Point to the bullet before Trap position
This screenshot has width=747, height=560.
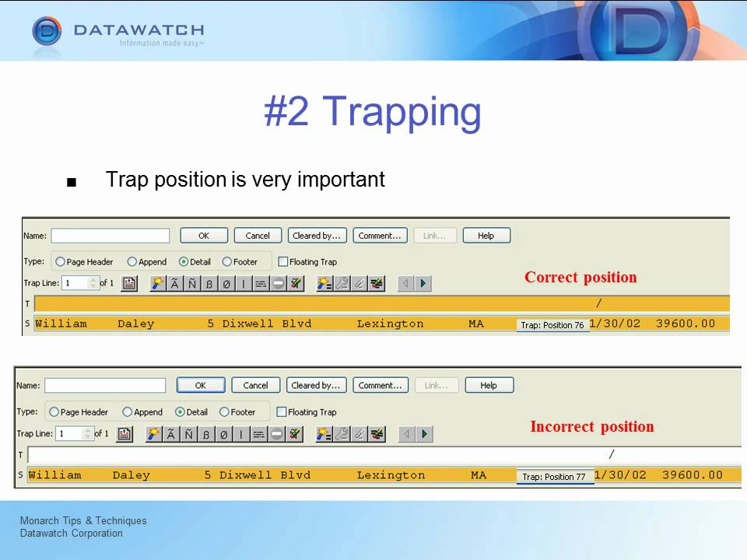coord(72,183)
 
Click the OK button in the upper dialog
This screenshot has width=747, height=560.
coord(204,236)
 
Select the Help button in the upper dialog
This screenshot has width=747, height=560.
coord(486,236)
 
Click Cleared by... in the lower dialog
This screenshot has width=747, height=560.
coord(316,385)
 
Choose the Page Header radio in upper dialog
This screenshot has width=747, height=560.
coord(61,262)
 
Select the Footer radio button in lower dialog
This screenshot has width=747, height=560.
coord(224,412)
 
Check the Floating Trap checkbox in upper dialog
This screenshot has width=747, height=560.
coord(282,262)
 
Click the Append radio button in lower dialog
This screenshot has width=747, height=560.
coord(127,412)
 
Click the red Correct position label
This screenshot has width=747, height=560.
coord(580,278)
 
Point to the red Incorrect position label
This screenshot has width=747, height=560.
coord(591,427)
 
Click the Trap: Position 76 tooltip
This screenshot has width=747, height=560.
coord(552,325)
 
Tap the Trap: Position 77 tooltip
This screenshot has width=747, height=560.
coord(554,477)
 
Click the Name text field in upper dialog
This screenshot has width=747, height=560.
coord(110,236)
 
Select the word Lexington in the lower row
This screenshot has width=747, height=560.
coord(391,475)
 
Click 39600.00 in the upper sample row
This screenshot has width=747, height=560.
coord(685,324)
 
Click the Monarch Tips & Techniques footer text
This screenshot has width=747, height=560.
coord(83,521)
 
